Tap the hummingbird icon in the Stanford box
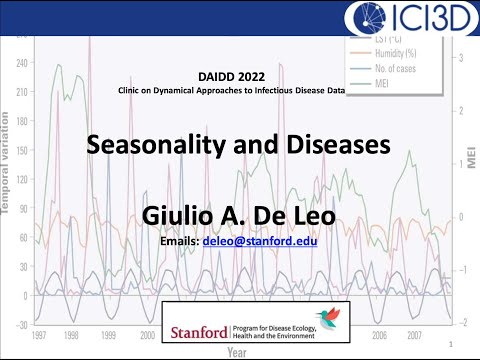click(330, 317)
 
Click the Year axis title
click(238, 352)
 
